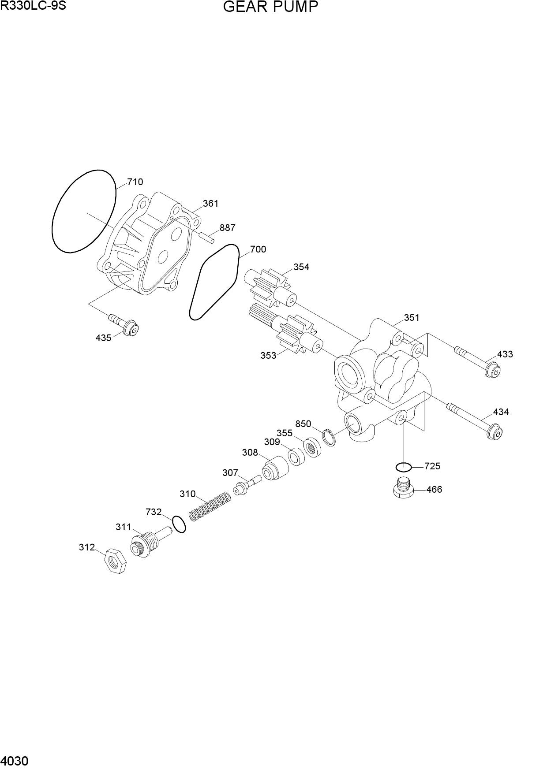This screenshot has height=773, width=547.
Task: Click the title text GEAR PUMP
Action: click(270, 7)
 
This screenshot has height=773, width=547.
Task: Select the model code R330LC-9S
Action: click(33, 6)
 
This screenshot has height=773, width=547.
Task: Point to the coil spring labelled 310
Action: click(210, 507)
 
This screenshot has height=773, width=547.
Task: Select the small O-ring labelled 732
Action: click(179, 524)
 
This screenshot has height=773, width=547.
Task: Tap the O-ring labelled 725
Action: click(404, 467)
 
